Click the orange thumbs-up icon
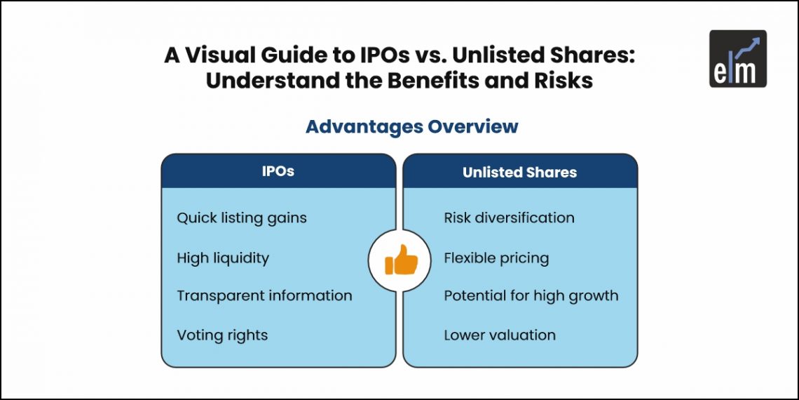[x=401, y=260]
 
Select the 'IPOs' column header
[x=278, y=172]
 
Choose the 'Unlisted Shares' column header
[x=519, y=173]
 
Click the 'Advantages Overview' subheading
[x=411, y=126]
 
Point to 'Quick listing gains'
[x=242, y=218]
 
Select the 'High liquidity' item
[x=223, y=258]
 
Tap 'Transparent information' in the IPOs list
[x=264, y=295]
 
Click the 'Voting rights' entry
[x=222, y=335]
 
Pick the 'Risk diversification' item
[x=509, y=218]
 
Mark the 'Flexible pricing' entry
[x=496, y=258]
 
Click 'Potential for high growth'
[x=531, y=295]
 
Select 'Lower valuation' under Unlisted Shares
[x=500, y=335]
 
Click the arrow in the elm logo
[x=747, y=46]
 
